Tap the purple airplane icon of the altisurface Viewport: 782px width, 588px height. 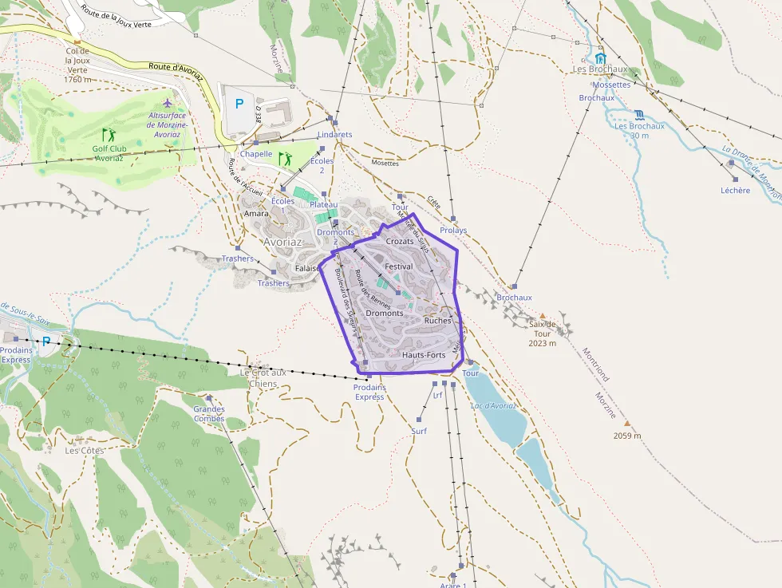[167, 104]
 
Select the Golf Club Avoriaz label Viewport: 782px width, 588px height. [109, 152]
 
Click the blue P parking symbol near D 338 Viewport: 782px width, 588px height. [239, 103]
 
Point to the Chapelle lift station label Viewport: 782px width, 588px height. [256, 154]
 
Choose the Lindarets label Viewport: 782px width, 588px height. [334, 135]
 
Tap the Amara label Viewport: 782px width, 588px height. [256, 214]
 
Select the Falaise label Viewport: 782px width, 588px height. [307, 268]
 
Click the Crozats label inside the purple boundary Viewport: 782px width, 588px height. [400, 241]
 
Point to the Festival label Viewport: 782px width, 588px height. [398, 266]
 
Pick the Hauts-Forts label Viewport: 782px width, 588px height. [424, 354]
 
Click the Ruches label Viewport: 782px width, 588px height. [438, 321]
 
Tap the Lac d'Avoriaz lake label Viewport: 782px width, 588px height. [493, 405]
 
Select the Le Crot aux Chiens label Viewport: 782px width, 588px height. [263, 377]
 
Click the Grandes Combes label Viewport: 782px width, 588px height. [209, 414]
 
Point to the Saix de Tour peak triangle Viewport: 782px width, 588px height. [543, 316]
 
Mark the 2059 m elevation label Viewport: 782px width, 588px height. [627, 436]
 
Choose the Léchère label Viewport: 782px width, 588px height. [735, 190]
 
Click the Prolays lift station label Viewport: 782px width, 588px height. [453, 231]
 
